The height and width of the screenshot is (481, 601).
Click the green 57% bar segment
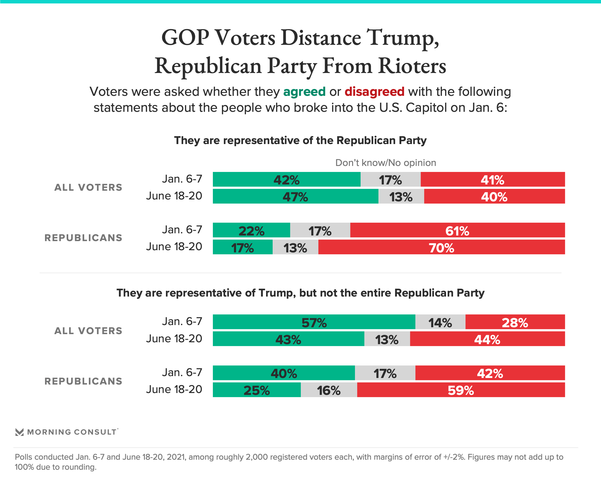tap(314, 322)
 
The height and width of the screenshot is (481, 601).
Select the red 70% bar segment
tap(441, 247)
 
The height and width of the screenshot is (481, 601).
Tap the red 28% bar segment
tap(515, 322)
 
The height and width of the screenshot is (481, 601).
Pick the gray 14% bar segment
tap(440, 322)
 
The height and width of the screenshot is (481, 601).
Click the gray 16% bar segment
tap(329, 390)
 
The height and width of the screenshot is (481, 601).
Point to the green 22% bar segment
tap(251, 230)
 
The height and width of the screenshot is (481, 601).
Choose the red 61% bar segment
tap(457, 230)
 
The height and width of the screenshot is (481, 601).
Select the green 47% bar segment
tap(295, 196)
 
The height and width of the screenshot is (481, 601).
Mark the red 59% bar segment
tap(461, 390)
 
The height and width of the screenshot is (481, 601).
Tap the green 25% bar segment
tap(257, 390)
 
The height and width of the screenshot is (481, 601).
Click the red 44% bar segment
tap(487, 339)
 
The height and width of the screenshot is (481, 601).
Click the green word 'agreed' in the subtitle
tap(304, 92)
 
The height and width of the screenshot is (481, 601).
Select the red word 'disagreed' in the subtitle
tap(374, 92)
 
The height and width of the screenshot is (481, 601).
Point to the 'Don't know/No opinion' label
tap(386, 163)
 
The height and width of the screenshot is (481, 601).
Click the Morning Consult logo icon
tap(19, 432)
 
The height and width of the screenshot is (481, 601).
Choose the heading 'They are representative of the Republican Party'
tap(300, 140)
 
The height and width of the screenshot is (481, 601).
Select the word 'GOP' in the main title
tap(185, 38)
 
